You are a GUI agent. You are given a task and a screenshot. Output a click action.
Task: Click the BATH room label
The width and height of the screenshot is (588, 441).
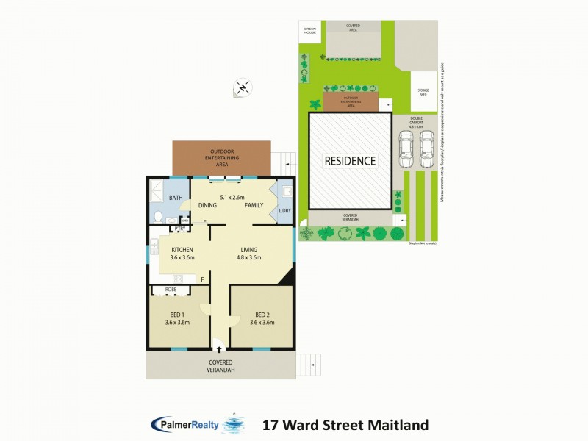pyautogui.click(x=176, y=198)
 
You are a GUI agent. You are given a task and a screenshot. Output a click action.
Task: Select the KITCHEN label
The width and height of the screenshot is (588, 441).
pyautogui.click(x=181, y=250)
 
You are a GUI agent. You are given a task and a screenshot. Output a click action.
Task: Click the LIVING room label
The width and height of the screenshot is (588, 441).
pyautogui.click(x=248, y=250)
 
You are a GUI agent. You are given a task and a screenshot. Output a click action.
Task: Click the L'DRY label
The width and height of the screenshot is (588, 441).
pyautogui.click(x=285, y=212)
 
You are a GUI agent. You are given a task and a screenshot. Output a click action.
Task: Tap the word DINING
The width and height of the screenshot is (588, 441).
pyautogui.click(x=207, y=205)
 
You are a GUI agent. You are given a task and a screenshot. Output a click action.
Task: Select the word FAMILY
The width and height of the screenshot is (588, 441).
pyautogui.click(x=254, y=205)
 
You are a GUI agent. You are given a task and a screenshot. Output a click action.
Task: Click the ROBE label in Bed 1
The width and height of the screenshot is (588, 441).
pyautogui.click(x=171, y=290)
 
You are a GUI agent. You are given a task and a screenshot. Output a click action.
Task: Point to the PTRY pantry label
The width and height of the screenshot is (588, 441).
pyautogui.click(x=179, y=229)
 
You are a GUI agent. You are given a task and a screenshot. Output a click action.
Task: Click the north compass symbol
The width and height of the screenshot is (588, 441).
pyautogui.click(x=243, y=87)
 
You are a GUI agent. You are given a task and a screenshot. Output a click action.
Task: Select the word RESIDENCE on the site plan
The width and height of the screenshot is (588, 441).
pyautogui.click(x=351, y=161)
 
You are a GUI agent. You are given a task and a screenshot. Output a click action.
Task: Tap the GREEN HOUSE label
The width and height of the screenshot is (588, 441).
pyautogui.click(x=309, y=32)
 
